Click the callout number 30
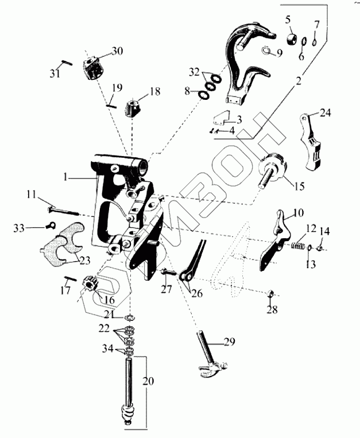tap(117, 51)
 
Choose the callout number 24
tap(326, 113)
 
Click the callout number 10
tap(298, 213)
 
